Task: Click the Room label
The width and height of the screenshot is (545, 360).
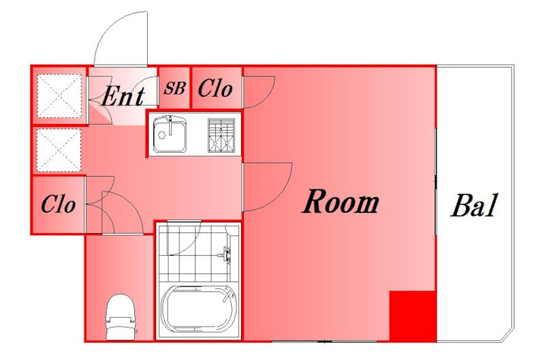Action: coord(341,202)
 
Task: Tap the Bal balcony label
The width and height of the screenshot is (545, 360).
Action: coord(475,205)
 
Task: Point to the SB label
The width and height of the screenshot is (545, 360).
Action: coord(174,88)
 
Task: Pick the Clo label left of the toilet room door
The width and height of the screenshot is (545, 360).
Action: coord(58,204)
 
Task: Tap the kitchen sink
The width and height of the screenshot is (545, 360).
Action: coord(170,134)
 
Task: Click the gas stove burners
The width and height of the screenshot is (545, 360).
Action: coord(221,135)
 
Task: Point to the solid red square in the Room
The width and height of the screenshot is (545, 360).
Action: coord(413,316)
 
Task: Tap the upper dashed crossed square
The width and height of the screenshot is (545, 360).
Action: coord(59,95)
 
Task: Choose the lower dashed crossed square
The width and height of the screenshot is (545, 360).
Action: coord(59,150)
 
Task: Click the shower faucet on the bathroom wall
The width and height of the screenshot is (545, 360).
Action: coord(226,254)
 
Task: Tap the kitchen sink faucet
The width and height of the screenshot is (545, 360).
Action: coord(170,126)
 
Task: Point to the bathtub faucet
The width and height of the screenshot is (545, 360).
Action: coord(229,293)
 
